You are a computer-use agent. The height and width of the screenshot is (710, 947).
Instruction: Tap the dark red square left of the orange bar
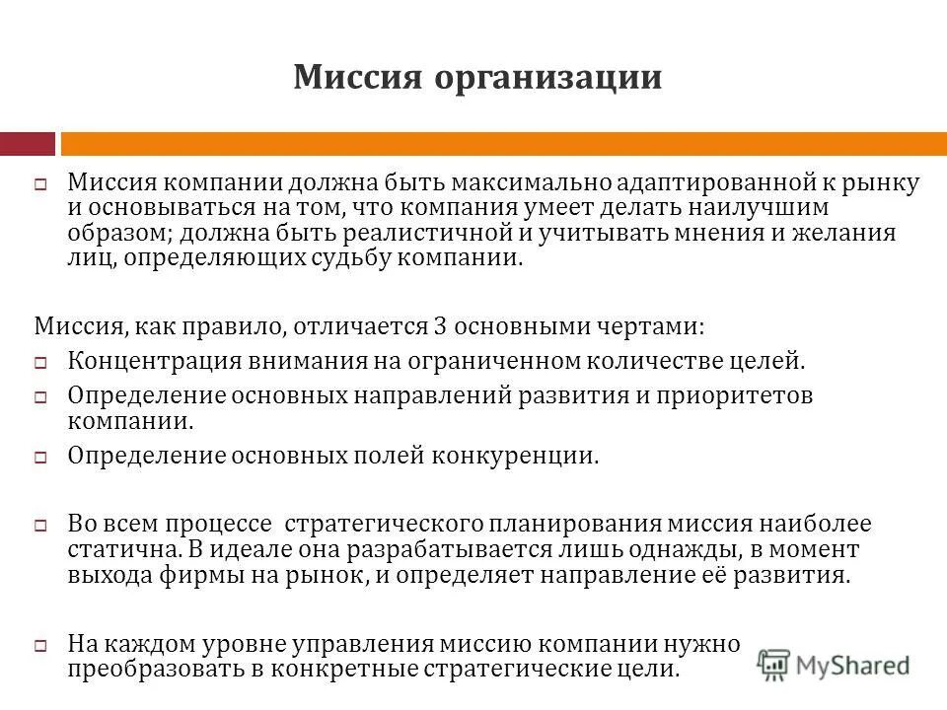tap(28, 144)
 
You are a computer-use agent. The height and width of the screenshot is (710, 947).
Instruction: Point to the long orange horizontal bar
tap(503, 144)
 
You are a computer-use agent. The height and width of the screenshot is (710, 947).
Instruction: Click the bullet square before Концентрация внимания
tap(41, 362)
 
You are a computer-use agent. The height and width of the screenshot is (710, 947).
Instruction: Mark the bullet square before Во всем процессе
tap(41, 527)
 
